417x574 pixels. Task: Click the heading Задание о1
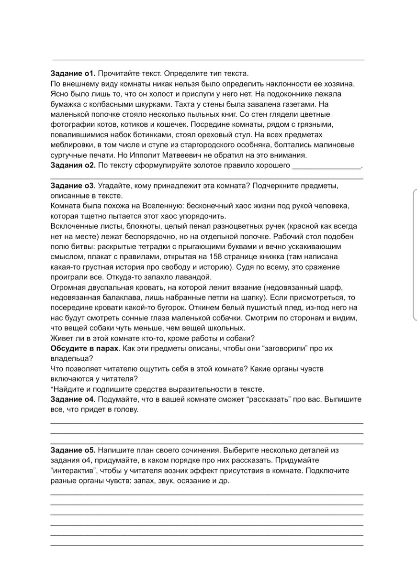[x=73, y=74]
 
